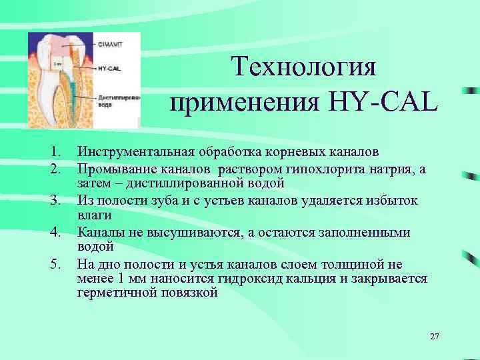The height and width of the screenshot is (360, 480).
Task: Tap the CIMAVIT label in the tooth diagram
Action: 111,45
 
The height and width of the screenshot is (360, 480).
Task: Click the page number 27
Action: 435,337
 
